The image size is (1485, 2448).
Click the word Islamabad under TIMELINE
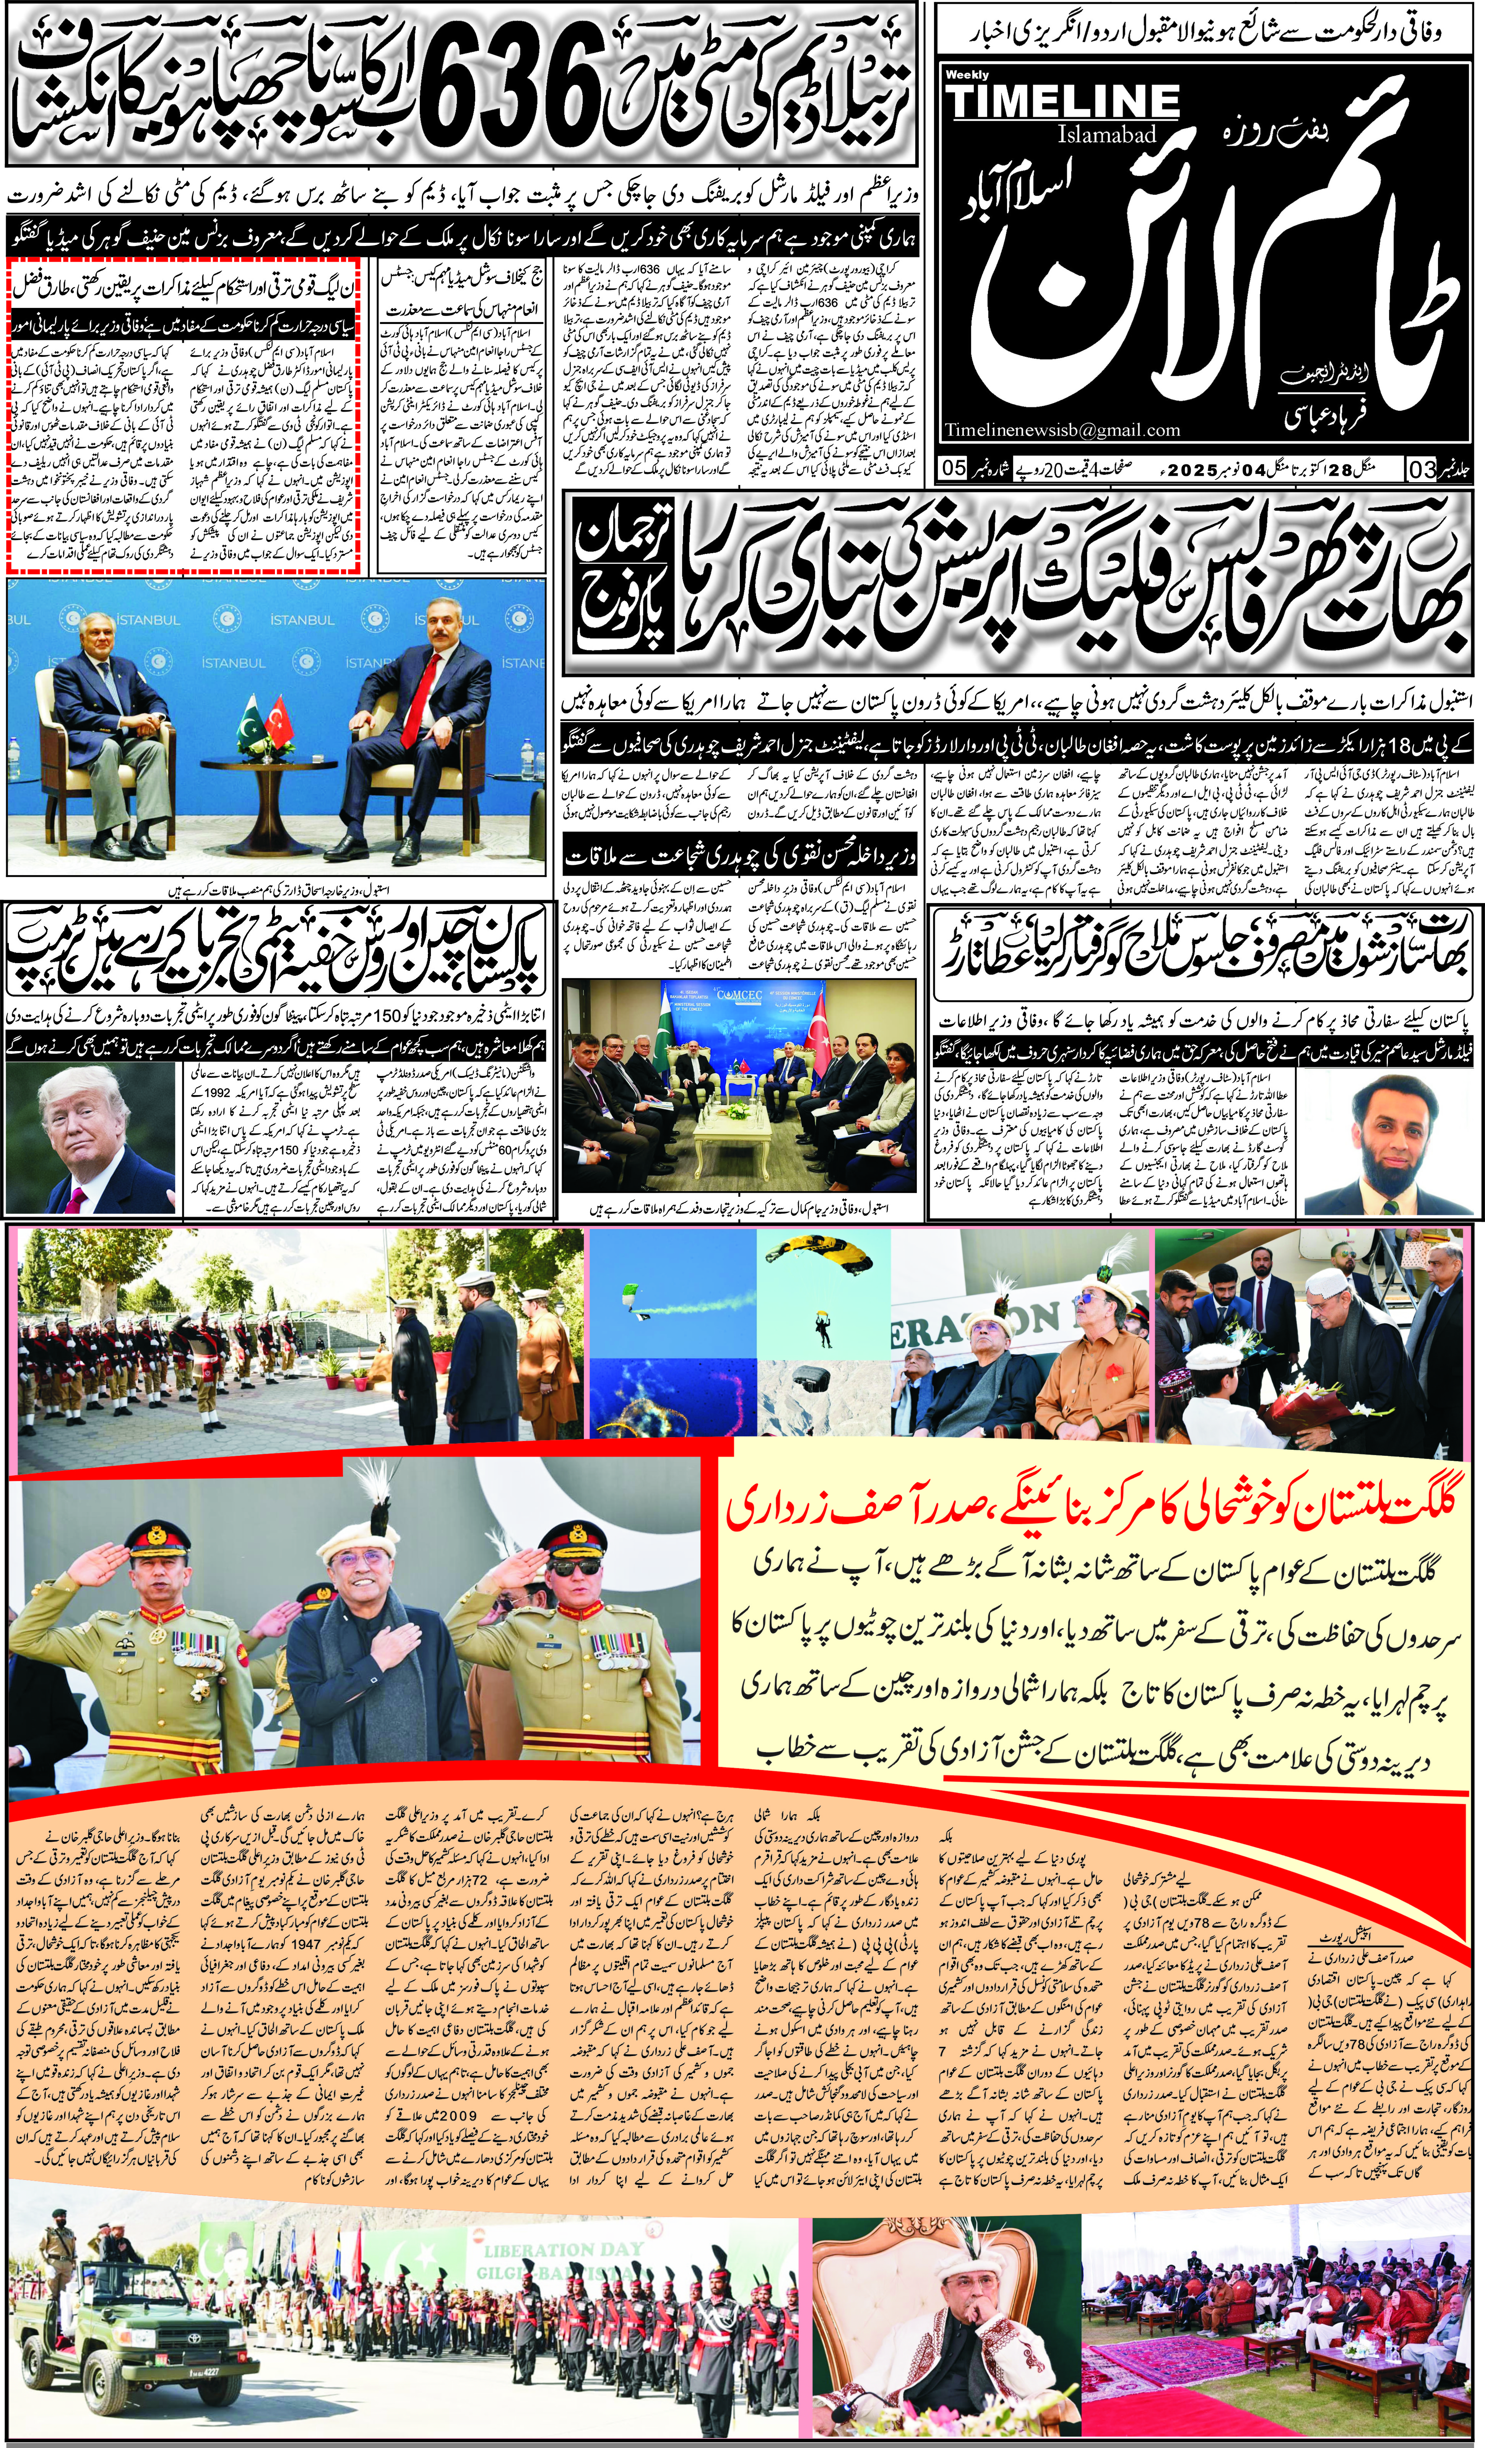click(1108, 134)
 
